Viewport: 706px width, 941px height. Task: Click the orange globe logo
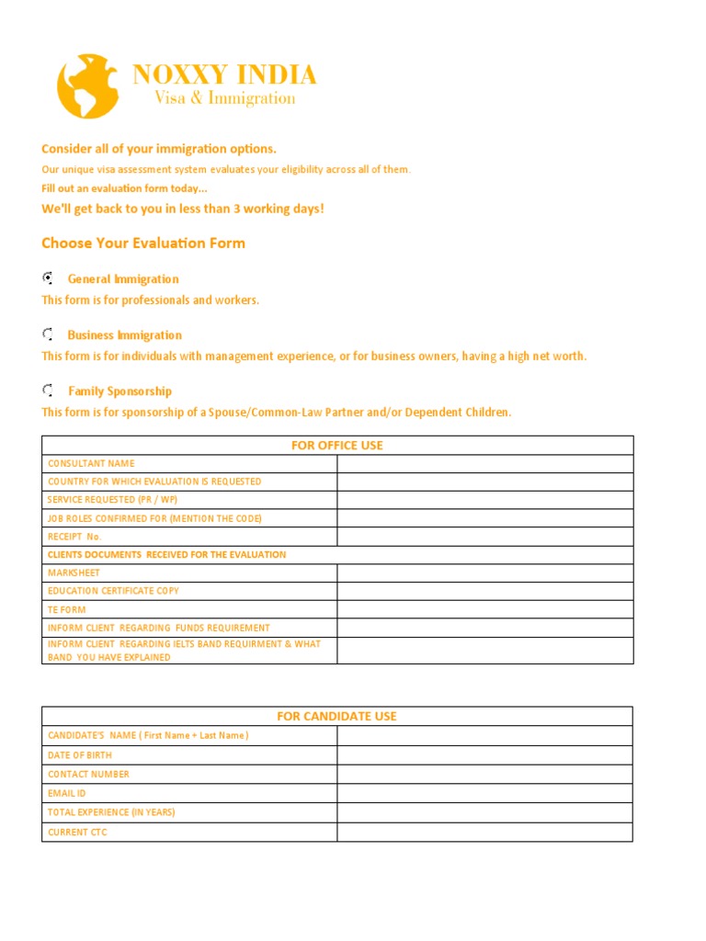pyautogui.click(x=89, y=85)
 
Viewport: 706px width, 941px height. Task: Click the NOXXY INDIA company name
pyautogui.click(x=224, y=74)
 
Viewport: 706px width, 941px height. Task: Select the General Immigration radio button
pyautogui.click(x=48, y=278)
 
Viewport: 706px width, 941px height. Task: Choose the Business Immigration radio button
pyautogui.click(x=48, y=334)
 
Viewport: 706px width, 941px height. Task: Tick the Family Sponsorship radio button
pyautogui.click(x=48, y=391)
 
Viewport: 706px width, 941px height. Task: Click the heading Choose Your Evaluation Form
pyautogui.click(x=143, y=244)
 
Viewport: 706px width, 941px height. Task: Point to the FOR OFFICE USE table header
pyautogui.click(x=336, y=446)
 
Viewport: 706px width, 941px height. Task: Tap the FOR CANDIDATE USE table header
pyautogui.click(x=336, y=716)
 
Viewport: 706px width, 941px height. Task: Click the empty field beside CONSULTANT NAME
pyautogui.click(x=484, y=464)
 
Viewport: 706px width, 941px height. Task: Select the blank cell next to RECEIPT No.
pyautogui.click(x=484, y=537)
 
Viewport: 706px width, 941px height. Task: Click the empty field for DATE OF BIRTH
pyautogui.click(x=484, y=755)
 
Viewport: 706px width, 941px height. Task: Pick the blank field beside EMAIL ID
pyautogui.click(x=484, y=793)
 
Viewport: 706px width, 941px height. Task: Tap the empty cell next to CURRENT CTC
pyautogui.click(x=484, y=833)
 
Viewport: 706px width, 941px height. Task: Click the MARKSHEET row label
pyautogui.click(x=74, y=573)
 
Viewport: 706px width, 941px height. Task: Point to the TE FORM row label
pyautogui.click(x=68, y=609)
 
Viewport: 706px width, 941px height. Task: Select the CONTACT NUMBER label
pyautogui.click(x=88, y=775)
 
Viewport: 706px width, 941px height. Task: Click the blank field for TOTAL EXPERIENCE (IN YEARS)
pyautogui.click(x=484, y=812)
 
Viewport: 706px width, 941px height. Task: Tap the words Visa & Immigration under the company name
pyautogui.click(x=224, y=98)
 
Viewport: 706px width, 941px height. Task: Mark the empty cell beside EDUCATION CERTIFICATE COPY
pyautogui.click(x=484, y=591)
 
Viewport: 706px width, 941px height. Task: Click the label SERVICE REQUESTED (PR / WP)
pyautogui.click(x=112, y=500)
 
